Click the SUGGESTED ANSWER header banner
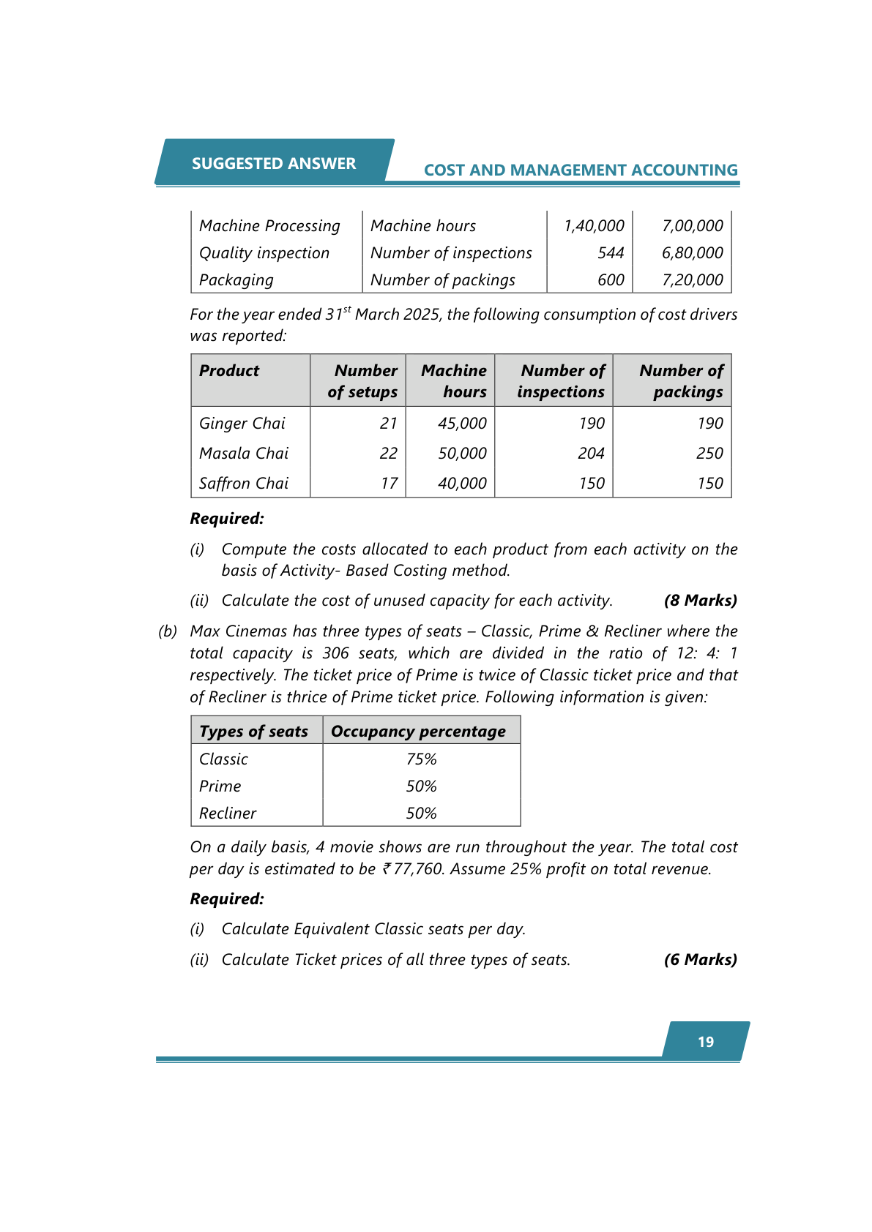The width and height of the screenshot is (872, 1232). (x=274, y=163)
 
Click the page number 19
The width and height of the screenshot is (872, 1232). (x=705, y=1042)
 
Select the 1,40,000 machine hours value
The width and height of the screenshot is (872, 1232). (x=594, y=226)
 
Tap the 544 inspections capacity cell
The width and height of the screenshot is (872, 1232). (x=611, y=253)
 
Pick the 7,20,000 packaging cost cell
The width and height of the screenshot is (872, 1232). (x=692, y=280)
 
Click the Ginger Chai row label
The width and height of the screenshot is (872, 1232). (x=242, y=424)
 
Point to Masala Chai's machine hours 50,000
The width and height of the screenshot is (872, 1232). (x=462, y=454)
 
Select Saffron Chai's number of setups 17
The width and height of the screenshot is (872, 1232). (x=389, y=484)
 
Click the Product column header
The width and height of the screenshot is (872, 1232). (x=229, y=371)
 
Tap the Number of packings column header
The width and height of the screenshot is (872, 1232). (x=682, y=381)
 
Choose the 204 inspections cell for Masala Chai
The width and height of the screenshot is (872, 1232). (x=591, y=454)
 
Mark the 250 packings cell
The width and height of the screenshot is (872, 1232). (x=709, y=454)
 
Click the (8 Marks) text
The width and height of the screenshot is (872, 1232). (x=700, y=601)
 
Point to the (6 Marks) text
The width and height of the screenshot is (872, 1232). (x=700, y=960)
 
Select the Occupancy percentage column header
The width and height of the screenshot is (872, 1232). (x=418, y=732)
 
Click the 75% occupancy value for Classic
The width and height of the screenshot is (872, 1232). (x=421, y=759)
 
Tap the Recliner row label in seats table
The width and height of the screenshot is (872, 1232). (x=228, y=814)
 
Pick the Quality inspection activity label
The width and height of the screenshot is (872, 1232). (x=264, y=253)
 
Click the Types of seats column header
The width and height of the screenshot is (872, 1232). (x=254, y=732)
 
